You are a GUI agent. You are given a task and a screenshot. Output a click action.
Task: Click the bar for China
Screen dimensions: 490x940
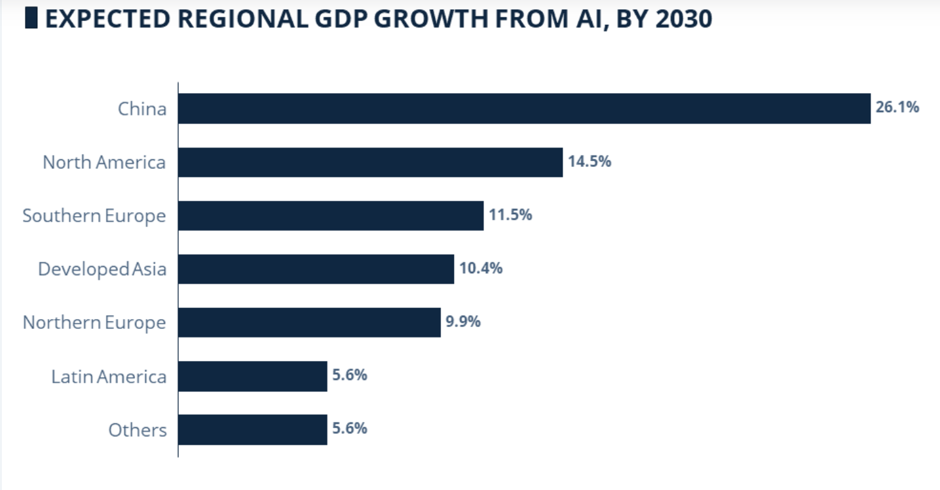click(524, 109)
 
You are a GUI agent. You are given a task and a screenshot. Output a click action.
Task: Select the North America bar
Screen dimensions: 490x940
click(370, 162)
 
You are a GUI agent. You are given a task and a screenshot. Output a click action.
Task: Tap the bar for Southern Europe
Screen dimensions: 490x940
click(331, 216)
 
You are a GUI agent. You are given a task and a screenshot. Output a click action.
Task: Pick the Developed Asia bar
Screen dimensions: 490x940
click(316, 269)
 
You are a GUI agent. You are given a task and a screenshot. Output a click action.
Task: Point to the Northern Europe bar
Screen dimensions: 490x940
click(309, 322)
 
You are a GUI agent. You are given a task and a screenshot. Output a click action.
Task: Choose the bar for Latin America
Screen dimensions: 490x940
click(252, 376)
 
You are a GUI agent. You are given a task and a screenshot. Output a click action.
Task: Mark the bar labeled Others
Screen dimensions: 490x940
click(252, 430)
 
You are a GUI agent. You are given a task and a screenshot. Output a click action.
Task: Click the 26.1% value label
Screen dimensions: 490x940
click(897, 107)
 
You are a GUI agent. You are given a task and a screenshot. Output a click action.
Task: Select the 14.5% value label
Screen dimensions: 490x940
click(590, 161)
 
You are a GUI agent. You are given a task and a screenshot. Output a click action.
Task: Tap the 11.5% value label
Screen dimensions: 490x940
click(510, 215)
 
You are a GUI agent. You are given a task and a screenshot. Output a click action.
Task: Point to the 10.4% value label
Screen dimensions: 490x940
click(481, 268)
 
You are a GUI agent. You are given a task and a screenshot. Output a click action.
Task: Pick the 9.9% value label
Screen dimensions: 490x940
click(463, 322)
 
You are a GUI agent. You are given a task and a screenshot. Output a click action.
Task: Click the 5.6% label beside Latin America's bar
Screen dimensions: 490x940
click(350, 375)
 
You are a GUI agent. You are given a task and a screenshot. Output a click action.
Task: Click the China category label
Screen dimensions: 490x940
click(142, 109)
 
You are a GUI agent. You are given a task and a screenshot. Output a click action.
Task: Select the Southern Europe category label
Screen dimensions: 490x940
click(94, 216)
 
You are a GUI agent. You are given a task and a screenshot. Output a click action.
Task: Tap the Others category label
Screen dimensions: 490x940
click(138, 430)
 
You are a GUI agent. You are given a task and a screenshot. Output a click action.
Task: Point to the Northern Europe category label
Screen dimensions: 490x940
click(94, 323)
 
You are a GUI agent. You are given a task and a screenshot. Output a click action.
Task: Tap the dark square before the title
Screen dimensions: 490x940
click(31, 18)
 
